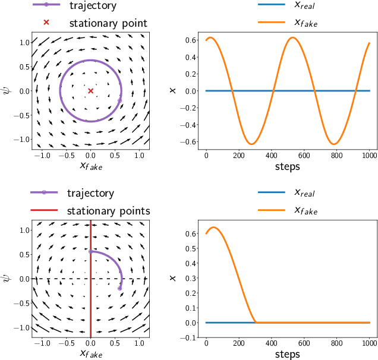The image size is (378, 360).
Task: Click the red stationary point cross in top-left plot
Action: pyautogui.click(x=90, y=91)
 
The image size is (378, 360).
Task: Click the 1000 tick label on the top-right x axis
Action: pyautogui.click(x=369, y=156)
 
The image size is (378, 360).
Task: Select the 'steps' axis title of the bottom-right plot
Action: pyautogui.click(x=287, y=354)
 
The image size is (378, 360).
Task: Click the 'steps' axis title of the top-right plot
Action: pyautogui.click(x=287, y=167)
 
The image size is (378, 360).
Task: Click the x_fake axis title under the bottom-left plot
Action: pyautogui.click(x=90, y=354)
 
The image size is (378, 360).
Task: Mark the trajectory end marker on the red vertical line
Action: pyautogui.click(x=90, y=251)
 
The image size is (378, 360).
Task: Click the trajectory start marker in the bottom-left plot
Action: pyautogui.click(x=119, y=288)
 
